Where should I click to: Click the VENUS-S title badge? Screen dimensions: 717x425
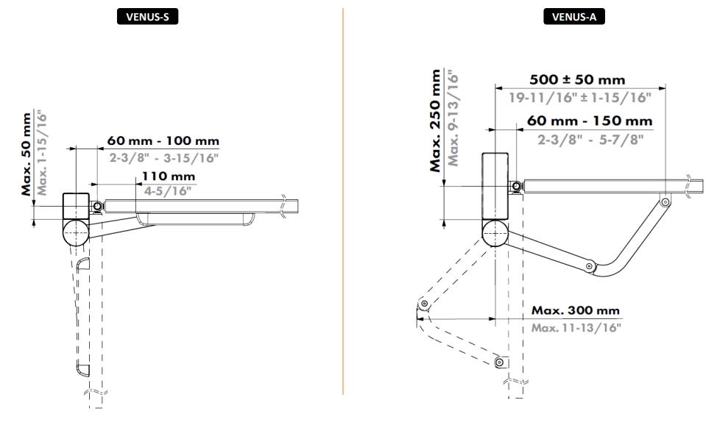[147, 17]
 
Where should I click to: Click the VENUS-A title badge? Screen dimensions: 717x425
[574, 17]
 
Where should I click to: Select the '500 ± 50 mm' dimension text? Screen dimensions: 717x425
[577, 79]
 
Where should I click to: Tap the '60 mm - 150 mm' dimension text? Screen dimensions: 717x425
[590, 121]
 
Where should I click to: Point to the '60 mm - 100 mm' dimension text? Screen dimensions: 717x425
[163, 140]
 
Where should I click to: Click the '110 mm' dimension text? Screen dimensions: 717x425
[169, 176]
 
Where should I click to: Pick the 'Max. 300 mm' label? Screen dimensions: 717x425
[575, 311]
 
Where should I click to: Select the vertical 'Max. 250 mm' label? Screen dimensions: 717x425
[435, 121]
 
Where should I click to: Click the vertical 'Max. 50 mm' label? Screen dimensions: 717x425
[27, 154]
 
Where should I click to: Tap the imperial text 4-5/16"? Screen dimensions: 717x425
[168, 191]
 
